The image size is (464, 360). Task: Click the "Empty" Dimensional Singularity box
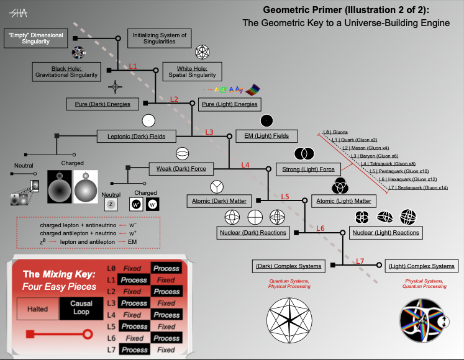35,38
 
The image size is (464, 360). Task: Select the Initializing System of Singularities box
159,38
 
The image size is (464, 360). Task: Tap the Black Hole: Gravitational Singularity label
66,71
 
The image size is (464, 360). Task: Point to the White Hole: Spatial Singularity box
192,71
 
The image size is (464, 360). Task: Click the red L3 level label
209,132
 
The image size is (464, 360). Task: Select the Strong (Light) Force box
309,169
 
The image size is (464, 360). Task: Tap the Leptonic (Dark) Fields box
135,135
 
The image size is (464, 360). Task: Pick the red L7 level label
360,261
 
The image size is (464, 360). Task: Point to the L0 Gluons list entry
336,132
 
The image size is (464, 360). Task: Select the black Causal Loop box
81,307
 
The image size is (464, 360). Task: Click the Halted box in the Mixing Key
37,308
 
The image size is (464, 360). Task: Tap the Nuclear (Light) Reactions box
385,233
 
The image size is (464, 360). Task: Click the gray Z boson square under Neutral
111,204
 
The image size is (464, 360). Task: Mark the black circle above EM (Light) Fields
266,120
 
